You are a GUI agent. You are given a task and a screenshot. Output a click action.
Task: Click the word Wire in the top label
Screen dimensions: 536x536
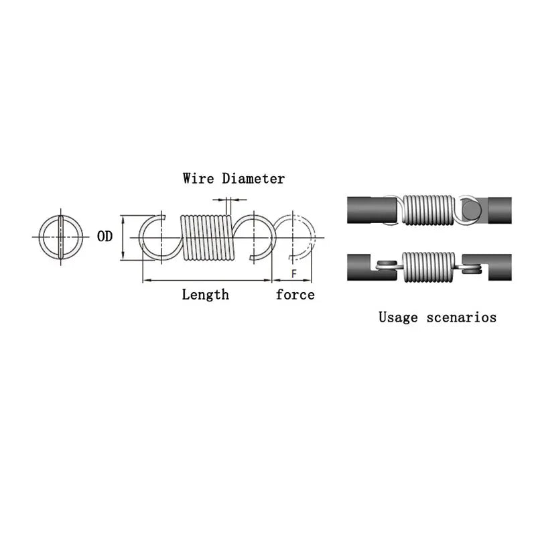click(x=199, y=179)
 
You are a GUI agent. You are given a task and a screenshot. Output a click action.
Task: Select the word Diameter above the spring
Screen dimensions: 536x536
click(x=253, y=179)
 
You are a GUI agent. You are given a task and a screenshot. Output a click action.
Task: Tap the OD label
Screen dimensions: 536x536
click(x=105, y=237)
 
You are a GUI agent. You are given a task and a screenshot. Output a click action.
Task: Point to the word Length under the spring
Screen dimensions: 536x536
click(x=205, y=295)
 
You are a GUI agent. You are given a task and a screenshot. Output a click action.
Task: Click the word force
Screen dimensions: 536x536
click(x=295, y=295)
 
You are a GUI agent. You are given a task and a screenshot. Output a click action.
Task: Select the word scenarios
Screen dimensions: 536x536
click(x=462, y=317)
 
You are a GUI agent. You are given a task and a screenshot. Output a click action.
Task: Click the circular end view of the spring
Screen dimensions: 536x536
click(x=60, y=237)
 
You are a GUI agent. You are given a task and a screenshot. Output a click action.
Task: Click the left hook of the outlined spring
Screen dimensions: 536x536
click(x=156, y=237)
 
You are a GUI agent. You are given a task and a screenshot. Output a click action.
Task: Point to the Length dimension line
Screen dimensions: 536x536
click(x=206, y=279)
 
